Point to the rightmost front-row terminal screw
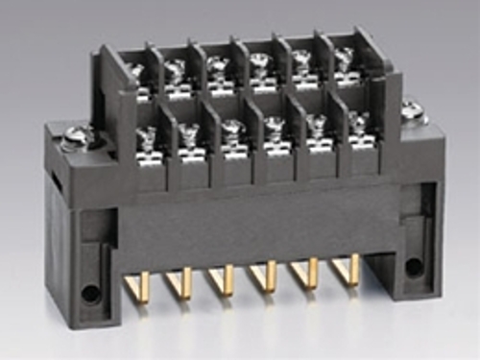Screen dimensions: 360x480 359,123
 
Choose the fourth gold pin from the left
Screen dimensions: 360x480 270,277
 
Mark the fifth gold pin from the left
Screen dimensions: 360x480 311,276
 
